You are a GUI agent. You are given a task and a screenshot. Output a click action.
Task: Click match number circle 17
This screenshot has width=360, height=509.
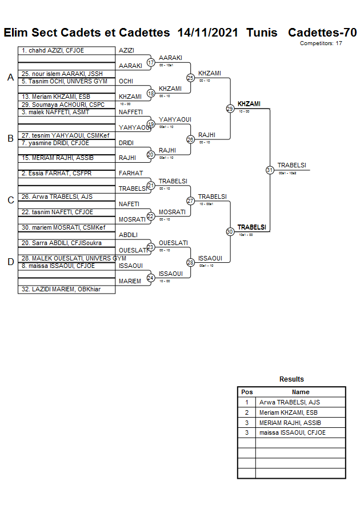pyautogui.click(x=151, y=62)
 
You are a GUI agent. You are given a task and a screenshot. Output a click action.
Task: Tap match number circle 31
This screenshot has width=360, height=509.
pyautogui.click(x=269, y=170)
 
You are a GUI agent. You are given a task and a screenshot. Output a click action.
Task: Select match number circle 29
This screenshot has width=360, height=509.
pyautogui.click(x=230, y=109)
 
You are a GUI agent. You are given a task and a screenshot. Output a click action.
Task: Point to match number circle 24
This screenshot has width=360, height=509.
pyautogui.click(x=151, y=278)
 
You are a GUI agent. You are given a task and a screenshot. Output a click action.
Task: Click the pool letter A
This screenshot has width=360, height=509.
pyautogui.click(x=10, y=77)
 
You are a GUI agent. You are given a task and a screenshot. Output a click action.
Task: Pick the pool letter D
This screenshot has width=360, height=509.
pyautogui.click(x=10, y=262)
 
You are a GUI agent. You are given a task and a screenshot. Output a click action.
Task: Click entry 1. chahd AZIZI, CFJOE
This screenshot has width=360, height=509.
pyautogui.click(x=53, y=51)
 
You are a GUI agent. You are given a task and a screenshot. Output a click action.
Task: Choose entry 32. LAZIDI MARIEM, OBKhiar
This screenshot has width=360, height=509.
pyautogui.click(x=61, y=289)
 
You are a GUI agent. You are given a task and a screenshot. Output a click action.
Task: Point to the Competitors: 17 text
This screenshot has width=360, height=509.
pyautogui.click(x=321, y=43)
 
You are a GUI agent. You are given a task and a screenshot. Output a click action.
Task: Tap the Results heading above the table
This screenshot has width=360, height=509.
pyautogui.click(x=291, y=379)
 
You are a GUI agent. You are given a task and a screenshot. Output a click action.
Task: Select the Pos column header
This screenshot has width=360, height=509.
pyautogui.click(x=247, y=392)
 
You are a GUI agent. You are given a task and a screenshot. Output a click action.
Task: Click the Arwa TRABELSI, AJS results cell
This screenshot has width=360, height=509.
pyautogui.click(x=289, y=402)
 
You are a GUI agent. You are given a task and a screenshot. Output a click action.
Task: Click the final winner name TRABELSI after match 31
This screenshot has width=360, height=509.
pyautogui.click(x=291, y=166)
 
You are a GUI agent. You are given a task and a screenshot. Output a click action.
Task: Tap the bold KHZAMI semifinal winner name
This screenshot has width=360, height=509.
pyautogui.click(x=249, y=104)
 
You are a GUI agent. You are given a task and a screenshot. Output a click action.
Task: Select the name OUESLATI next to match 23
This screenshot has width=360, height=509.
pyautogui.click(x=173, y=243)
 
